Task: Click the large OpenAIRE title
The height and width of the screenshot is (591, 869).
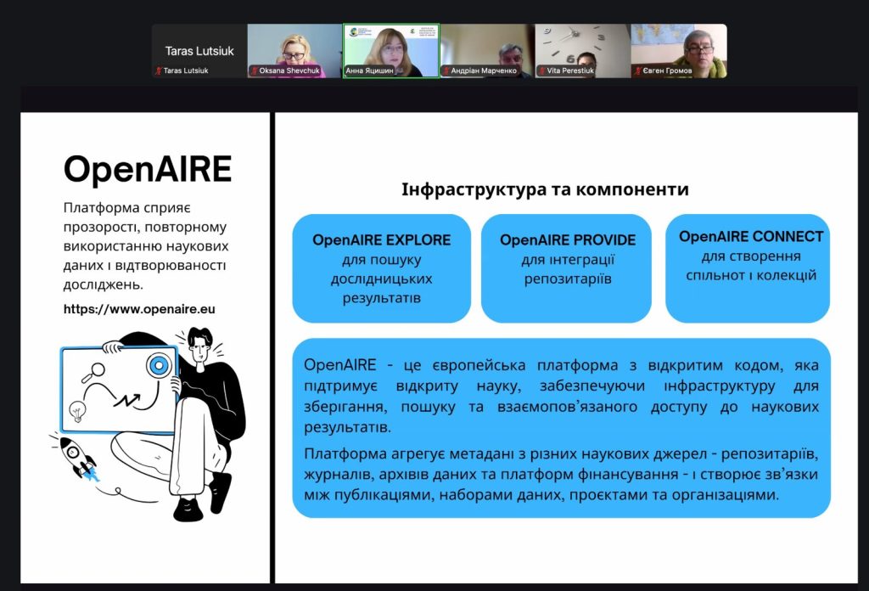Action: pyautogui.click(x=148, y=168)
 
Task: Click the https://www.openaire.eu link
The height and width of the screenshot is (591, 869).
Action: pyautogui.click(x=139, y=309)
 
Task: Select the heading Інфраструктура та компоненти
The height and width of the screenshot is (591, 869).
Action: pyautogui.click(x=545, y=189)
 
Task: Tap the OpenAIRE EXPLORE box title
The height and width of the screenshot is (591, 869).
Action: pyautogui.click(x=381, y=240)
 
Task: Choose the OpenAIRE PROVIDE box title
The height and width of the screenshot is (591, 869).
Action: pyautogui.click(x=568, y=240)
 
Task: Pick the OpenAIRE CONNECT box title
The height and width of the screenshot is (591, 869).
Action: pyautogui.click(x=751, y=237)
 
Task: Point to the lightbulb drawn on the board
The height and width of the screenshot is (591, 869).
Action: pyautogui.click(x=77, y=411)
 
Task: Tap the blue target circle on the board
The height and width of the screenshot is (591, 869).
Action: pyautogui.click(x=159, y=365)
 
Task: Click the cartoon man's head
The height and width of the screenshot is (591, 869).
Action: pyautogui.click(x=199, y=345)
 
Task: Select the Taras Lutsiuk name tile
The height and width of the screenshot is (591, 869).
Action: pyautogui.click(x=199, y=51)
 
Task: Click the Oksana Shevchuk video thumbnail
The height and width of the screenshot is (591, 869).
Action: pyautogui.click(x=294, y=50)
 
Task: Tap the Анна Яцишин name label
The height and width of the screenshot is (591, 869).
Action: pyautogui.click(x=370, y=70)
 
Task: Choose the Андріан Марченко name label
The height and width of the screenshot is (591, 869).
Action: pyautogui.click(x=480, y=70)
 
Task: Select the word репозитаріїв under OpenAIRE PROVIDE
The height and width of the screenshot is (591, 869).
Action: pyautogui.click(x=568, y=279)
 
